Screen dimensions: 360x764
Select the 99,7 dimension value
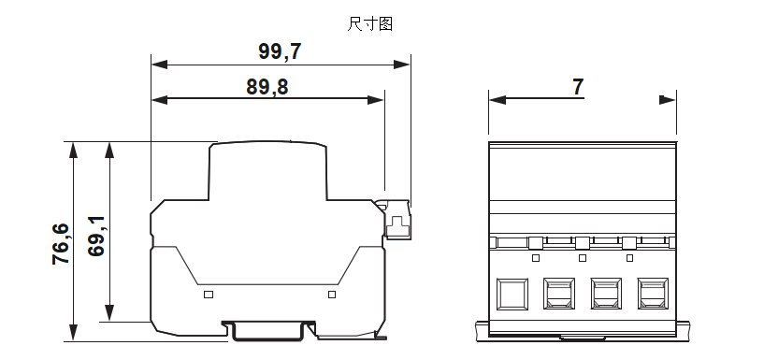pyautogui.click(x=280, y=51)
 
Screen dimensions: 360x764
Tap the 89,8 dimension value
pyautogui.click(x=267, y=87)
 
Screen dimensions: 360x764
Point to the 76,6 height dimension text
pyautogui.click(x=61, y=243)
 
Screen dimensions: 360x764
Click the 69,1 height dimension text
pyautogui.click(x=97, y=236)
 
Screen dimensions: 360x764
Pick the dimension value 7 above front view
pyautogui.click(x=578, y=87)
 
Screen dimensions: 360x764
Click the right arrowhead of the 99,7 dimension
pyautogui.click(x=404, y=65)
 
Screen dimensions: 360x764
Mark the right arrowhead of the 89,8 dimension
pyautogui.click(x=378, y=99)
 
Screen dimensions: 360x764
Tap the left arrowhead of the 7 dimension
pyautogui.click(x=497, y=99)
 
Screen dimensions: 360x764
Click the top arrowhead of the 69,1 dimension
pyautogui.click(x=110, y=149)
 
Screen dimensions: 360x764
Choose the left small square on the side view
pyautogui.click(x=209, y=295)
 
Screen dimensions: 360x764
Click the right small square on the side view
pyautogui.click(x=331, y=295)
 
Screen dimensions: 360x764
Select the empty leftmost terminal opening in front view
pyautogui.click(x=512, y=294)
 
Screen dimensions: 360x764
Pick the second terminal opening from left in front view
pyautogui.click(x=559, y=294)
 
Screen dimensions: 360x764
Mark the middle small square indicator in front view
pyautogui.click(x=583, y=258)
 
